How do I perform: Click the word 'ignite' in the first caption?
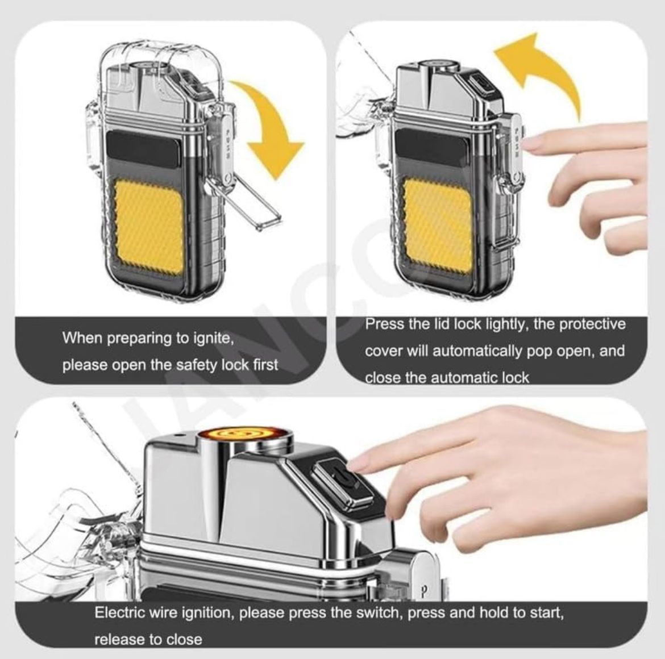[214, 338]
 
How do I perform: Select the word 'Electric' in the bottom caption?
[119, 613]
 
